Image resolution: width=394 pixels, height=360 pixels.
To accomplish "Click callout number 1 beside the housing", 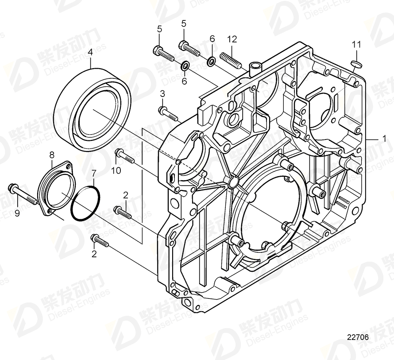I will pyautogui.click(x=384, y=138).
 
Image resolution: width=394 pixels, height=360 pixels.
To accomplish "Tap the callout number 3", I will pyautogui.click(x=162, y=94).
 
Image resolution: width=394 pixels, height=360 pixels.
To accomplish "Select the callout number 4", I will pyautogui.click(x=90, y=52).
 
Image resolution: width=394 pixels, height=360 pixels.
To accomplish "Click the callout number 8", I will pyautogui.click(x=52, y=155).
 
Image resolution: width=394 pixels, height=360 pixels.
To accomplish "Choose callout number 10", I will pyautogui.click(x=116, y=170).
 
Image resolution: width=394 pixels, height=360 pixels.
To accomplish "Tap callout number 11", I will pyautogui.click(x=356, y=44).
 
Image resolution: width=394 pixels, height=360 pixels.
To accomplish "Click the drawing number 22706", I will pyautogui.click(x=357, y=337).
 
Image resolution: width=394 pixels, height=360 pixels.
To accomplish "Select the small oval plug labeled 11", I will pyautogui.click(x=356, y=64).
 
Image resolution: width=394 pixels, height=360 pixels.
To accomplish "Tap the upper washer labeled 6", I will pyautogui.click(x=212, y=59).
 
